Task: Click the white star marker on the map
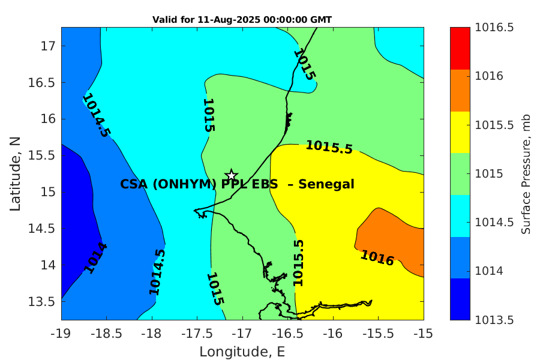tap(232, 175)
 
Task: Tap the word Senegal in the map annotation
tap(326, 184)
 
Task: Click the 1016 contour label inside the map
tap(377, 258)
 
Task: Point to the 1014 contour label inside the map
tap(95, 259)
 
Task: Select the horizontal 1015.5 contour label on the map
tap(329, 147)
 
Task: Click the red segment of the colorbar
tap(460, 48)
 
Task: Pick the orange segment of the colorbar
tap(460, 90)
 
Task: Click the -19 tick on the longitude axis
tap(61, 334)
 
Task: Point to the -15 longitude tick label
tap(423, 334)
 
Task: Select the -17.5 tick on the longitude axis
tap(197, 334)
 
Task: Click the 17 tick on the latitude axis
tap(48, 46)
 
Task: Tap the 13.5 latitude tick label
tap(41, 301)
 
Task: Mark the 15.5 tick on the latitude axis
tap(41, 155)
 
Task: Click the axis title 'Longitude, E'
tap(242, 352)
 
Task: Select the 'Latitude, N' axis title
tap(15, 174)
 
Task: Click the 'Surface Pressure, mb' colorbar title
tap(526, 175)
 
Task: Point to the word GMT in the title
tap(321, 20)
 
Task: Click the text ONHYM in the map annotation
tap(184, 184)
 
